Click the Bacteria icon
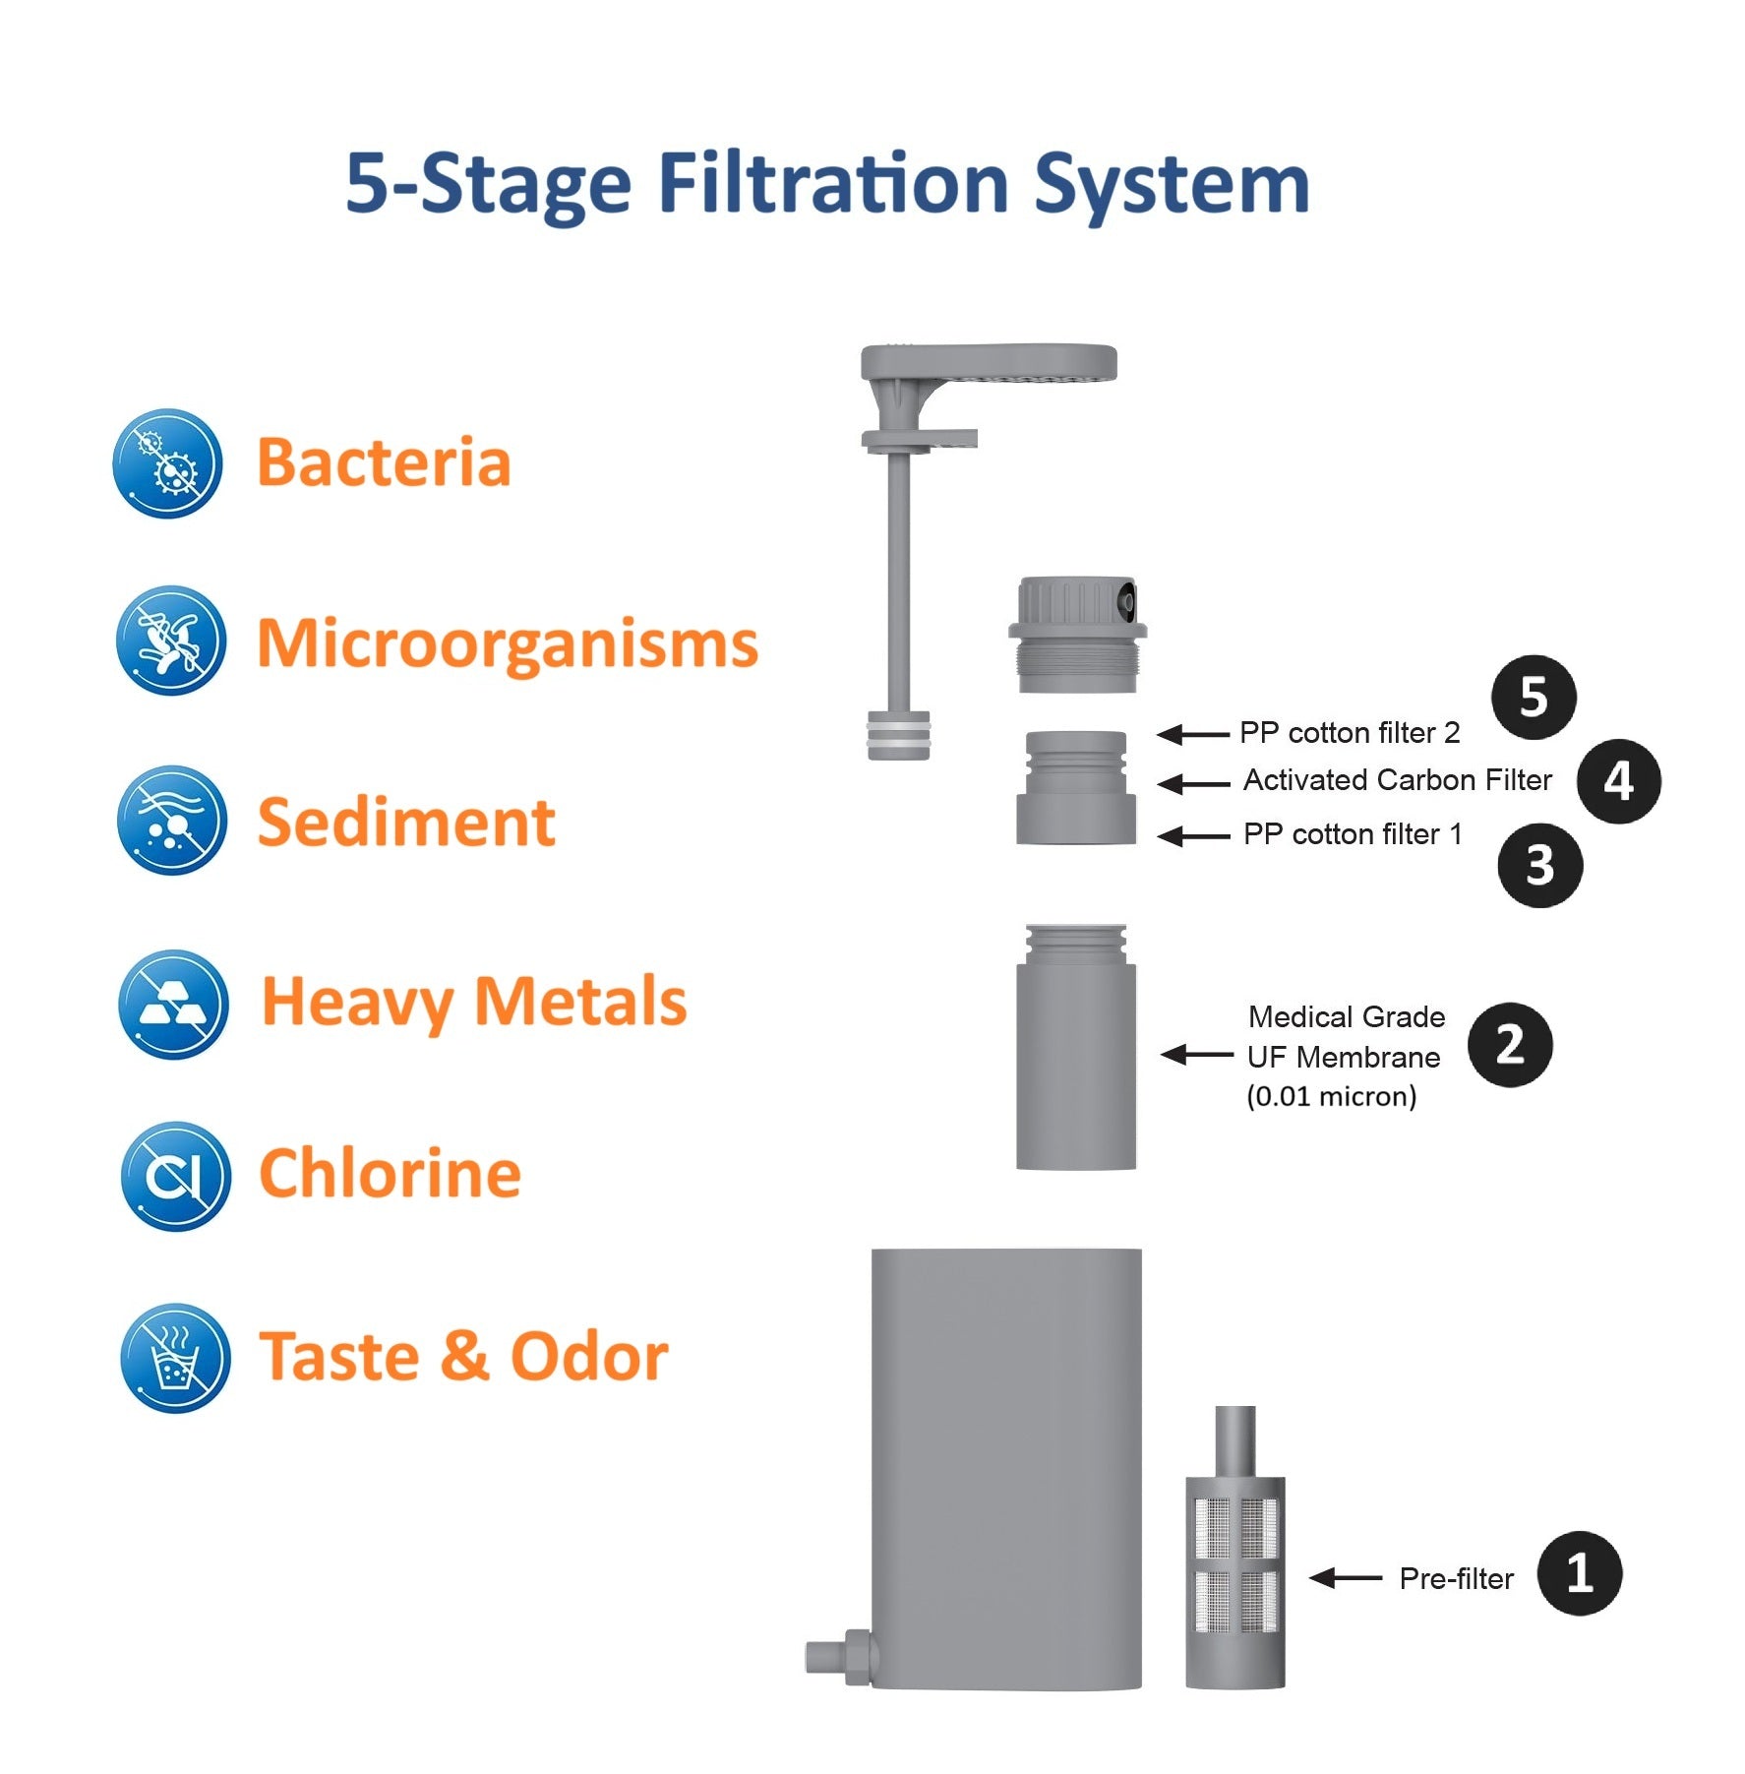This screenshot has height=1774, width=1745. pyautogui.click(x=167, y=463)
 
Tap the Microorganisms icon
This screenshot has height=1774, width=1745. pyautogui.click(x=170, y=641)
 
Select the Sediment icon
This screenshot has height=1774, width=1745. pyautogui.click(x=171, y=820)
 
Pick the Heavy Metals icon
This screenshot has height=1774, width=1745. pyautogui.click(x=173, y=1005)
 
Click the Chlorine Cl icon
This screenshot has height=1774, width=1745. pyautogui.click(x=175, y=1176)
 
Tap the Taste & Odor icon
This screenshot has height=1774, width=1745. pyautogui.click(x=175, y=1358)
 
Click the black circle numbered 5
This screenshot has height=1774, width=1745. pyautogui.click(x=1534, y=698)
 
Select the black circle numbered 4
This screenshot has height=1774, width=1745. pyautogui.click(x=1618, y=782)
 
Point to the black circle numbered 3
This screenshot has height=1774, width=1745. pyautogui.click(x=1539, y=866)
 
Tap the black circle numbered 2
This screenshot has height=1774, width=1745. pyautogui.click(x=1510, y=1045)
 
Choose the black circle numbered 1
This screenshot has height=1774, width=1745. pyautogui.click(x=1579, y=1573)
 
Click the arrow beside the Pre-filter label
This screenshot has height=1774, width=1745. pyautogui.click(x=1346, y=1578)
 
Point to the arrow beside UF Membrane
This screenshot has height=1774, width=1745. pyautogui.click(x=1197, y=1055)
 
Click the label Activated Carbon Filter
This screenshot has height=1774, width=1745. pyautogui.click(x=1398, y=780)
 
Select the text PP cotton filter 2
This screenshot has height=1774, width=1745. pyautogui.click(x=1350, y=733)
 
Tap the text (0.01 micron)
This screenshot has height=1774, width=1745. pyautogui.click(x=1332, y=1096)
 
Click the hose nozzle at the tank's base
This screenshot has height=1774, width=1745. pyautogui.click(x=838, y=1657)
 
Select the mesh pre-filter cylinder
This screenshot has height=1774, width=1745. pyautogui.click(x=1234, y=1548)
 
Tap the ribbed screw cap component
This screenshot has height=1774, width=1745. pyautogui.click(x=1077, y=635)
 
